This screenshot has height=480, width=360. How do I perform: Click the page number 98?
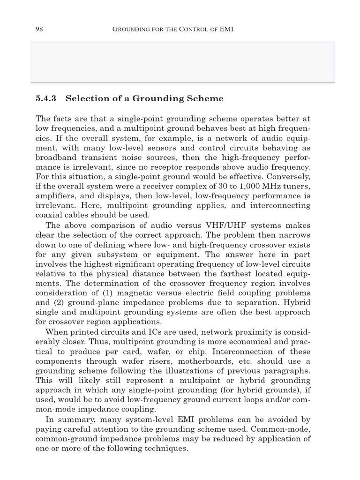point(39,29)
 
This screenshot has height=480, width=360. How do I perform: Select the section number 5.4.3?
point(46,98)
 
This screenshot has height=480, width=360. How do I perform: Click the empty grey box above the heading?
point(183,62)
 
